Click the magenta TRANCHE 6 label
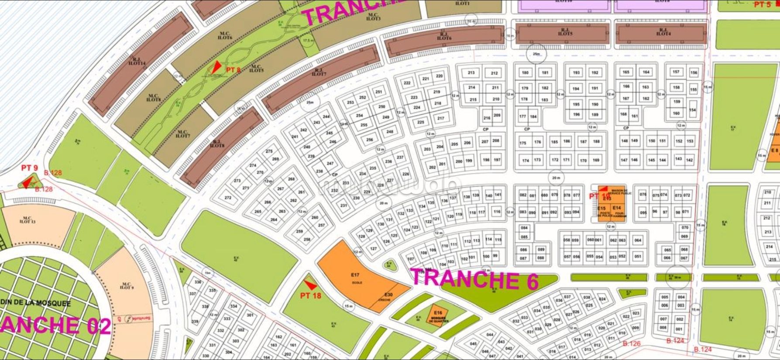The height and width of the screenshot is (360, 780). pos(473,280)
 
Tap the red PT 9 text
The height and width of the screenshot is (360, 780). pos(30,168)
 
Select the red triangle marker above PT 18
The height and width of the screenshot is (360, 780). pos(310,285)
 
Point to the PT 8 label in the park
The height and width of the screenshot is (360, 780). pos(233,70)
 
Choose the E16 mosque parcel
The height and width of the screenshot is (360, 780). pos(438,315)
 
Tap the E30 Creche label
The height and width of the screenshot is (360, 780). pos(388,297)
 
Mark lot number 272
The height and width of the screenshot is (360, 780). pos(228,198)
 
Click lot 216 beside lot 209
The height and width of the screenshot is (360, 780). pos(487,118)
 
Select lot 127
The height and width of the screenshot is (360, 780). pos(373,249)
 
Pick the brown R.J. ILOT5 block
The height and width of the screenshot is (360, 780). pos(563,33)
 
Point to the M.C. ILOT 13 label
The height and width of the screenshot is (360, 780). pos(27,220)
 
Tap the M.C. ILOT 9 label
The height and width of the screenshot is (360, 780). pos(126,286)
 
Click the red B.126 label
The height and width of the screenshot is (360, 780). pos(632,343)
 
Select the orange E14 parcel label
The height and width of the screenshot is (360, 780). pos(616,208)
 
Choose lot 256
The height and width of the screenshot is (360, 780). pos(370,140)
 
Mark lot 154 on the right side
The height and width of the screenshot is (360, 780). pos(692,110)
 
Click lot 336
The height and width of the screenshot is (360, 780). pos(198,282)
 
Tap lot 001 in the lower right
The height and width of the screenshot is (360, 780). pos(679,329)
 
